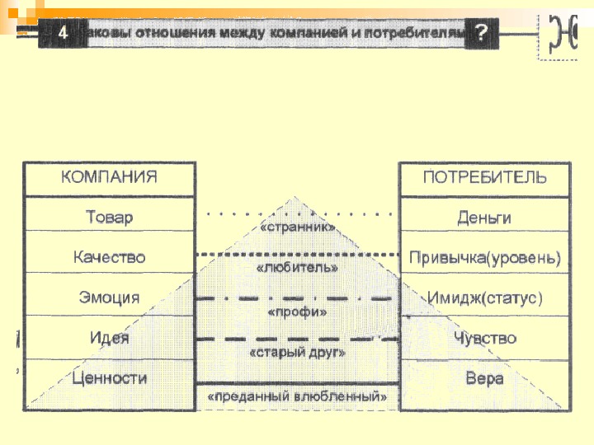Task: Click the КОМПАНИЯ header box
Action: pyautogui.click(x=110, y=178)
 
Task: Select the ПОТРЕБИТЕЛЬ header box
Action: pyautogui.click(x=484, y=178)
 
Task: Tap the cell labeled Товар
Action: pyautogui.click(x=110, y=218)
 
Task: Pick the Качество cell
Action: pyautogui.click(x=110, y=257)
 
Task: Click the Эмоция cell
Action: pyautogui.click(x=110, y=297)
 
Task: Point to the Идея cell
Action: pyautogui.click(x=110, y=338)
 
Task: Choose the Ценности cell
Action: pyautogui.click(x=110, y=378)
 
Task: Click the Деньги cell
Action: pyautogui.click(x=484, y=218)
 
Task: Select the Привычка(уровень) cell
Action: pyautogui.click(x=484, y=258)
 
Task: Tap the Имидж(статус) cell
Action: pyautogui.click(x=484, y=297)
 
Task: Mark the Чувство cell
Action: pyautogui.click(x=484, y=338)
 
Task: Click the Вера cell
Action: pyautogui.click(x=484, y=378)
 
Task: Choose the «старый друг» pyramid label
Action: pyautogui.click(x=297, y=353)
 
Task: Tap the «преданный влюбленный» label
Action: pyautogui.click(x=298, y=396)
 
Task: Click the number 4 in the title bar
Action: pyautogui.click(x=64, y=34)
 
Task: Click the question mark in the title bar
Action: pyautogui.click(x=483, y=33)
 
